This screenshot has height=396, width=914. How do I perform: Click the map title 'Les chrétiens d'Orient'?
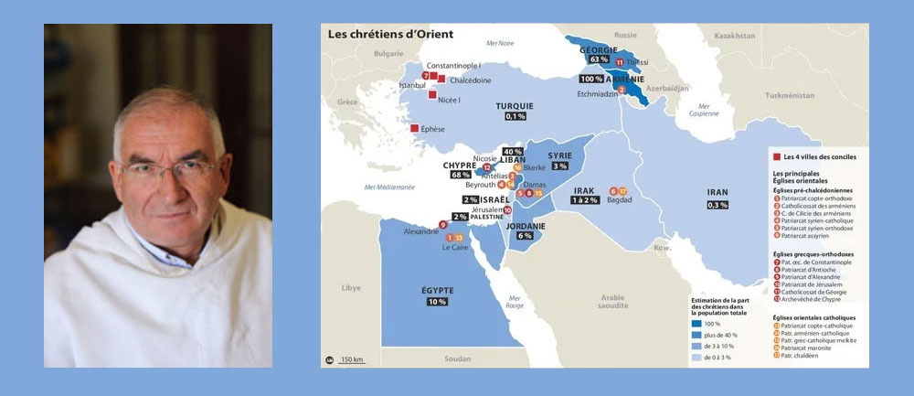tap(390, 35)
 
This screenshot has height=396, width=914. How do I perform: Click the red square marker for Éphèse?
tap(417, 129)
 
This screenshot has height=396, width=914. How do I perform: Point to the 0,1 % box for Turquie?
tap(515, 116)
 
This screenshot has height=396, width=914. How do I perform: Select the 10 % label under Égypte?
tap(436, 302)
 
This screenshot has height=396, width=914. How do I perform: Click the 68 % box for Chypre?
tap(461, 175)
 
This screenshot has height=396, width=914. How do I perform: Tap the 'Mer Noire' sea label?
tap(500, 43)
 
